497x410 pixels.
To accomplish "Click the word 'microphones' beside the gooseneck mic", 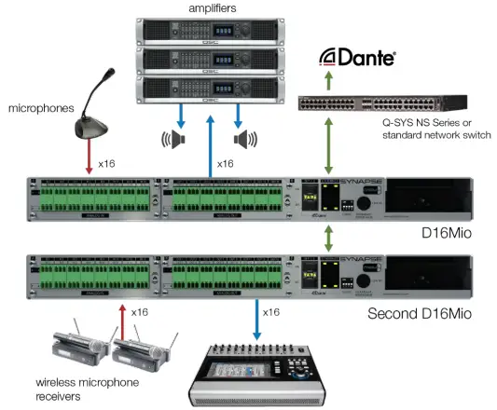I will [40, 109].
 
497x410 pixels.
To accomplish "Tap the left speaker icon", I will [172, 140].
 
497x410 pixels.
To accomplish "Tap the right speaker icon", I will [245, 140].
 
